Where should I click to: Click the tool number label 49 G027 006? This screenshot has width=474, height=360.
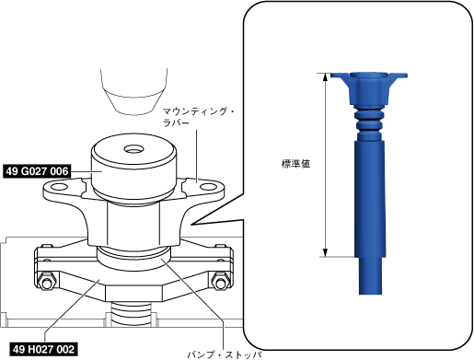pyautogui.click(x=37, y=171)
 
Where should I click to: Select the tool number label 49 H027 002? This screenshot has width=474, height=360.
pyautogui.click(x=43, y=349)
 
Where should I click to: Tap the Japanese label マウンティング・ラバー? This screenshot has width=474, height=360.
pyautogui.click(x=198, y=117)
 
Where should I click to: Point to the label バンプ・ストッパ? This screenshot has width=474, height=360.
pyautogui.click(x=225, y=354)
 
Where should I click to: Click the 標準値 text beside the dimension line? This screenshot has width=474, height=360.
pyautogui.click(x=295, y=164)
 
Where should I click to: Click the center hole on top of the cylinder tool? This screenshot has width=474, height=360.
pyautogui.click(x=133, y=149)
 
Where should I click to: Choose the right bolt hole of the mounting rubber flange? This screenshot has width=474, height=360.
pyautogui.click(x=208, y=187)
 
